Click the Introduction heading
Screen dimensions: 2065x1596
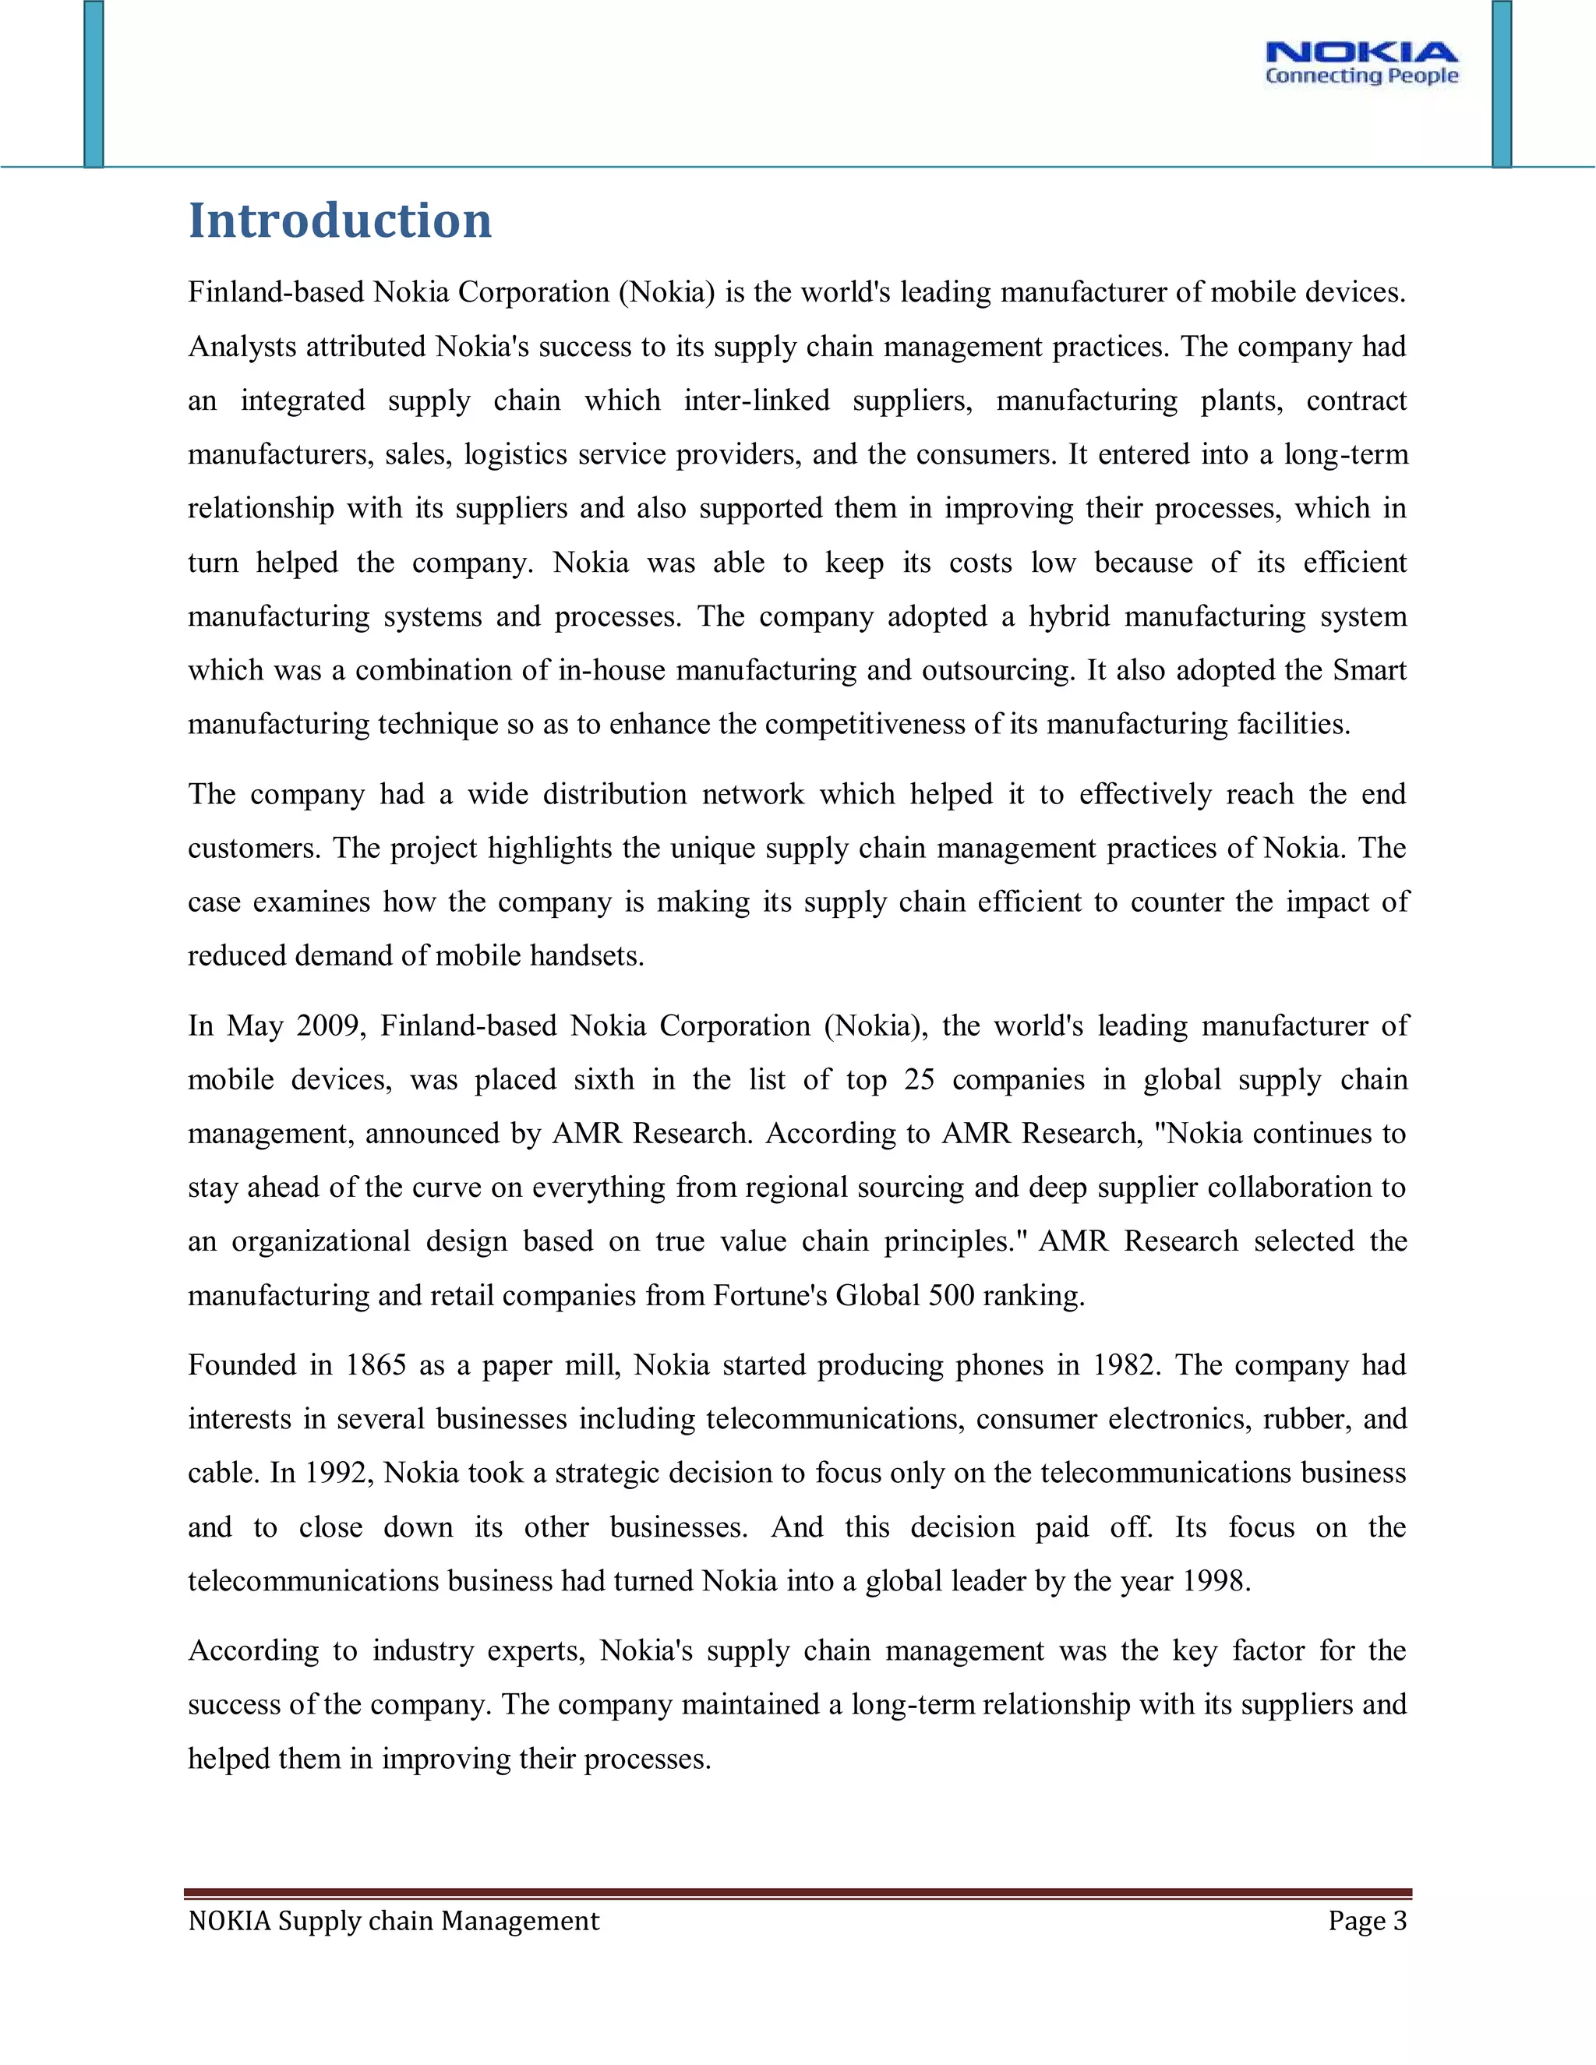pyautogui.click(x=340, y=221)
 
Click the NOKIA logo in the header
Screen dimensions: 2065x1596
pyautogui.click(x=1361, y=52)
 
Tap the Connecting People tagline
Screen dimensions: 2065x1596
pyautogui.click(x=1361, y=76)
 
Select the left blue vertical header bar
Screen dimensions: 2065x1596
pyautogui.click(x=94, y=84)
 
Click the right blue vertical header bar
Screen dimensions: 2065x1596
pyautogui.click(x=1502, y=84)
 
